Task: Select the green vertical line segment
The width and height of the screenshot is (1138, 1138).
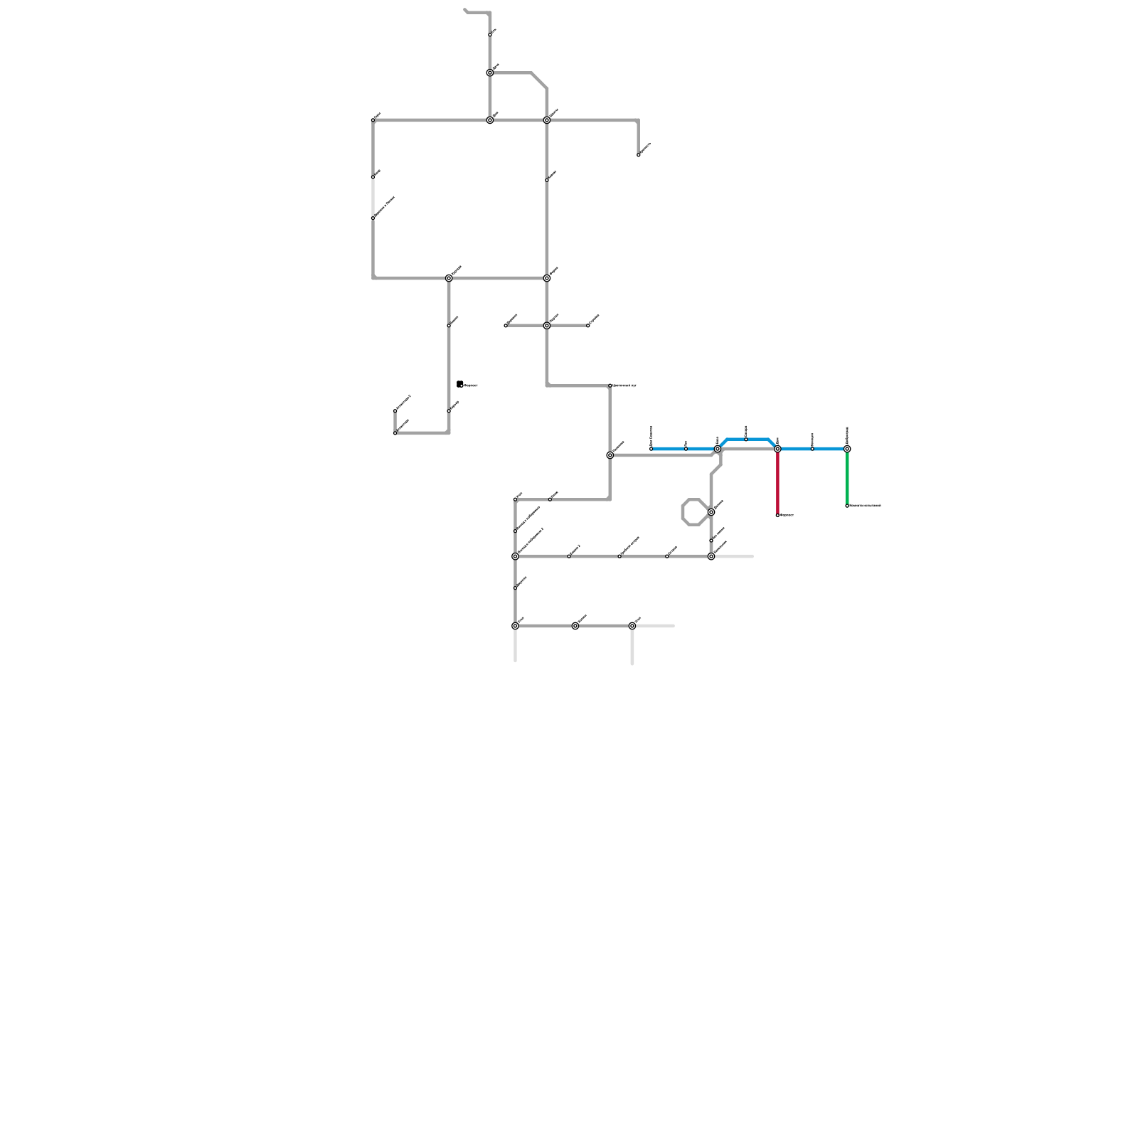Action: click(847, 477)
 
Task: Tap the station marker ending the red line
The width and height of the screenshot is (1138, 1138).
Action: click(777, 515)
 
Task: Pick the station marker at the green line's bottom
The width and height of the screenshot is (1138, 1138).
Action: click(847, 506)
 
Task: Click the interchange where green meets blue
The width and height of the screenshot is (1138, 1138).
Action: click(847, 449)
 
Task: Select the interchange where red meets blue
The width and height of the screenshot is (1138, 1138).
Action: click(777, 449)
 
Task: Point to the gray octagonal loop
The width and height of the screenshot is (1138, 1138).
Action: click(684, 512)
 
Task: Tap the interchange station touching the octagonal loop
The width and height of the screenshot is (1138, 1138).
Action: click(711, 512)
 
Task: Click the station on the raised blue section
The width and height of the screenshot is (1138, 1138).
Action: click(745, 440)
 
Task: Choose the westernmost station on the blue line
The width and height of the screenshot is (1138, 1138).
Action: click(651, 449)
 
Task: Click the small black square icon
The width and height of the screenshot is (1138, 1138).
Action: click(460, 384)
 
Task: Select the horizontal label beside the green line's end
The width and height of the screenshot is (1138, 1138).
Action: click(866, 506)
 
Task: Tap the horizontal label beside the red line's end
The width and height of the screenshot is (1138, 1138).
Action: click(787, 515)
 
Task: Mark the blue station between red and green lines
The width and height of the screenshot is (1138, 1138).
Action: click(812, 449)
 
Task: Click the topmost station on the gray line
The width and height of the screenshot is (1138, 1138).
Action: click(490, 34)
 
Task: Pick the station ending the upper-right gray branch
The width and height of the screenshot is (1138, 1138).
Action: click(639, 154)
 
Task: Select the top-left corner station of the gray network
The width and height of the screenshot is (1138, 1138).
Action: click(373, 120)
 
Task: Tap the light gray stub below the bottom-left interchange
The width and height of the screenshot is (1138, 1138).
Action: click(515, 646)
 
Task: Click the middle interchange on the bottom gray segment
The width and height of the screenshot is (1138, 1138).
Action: click(575, 626)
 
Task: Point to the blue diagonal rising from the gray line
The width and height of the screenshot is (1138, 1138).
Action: click(723, 444)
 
